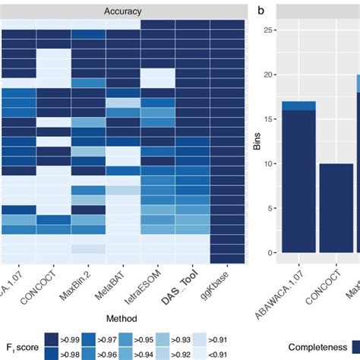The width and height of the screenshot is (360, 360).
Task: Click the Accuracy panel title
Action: (125, 11)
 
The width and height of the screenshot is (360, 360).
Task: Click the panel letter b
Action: (262, 11)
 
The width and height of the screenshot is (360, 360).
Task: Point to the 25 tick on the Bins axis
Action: (270, 30)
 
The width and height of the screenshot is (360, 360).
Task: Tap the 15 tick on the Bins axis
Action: (270, 119)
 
